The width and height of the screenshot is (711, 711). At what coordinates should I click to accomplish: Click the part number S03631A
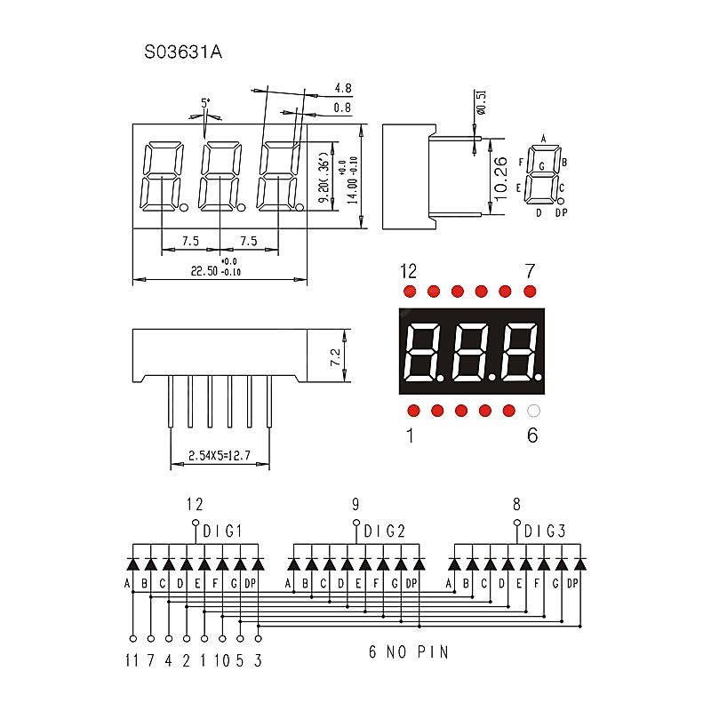click(182, 52)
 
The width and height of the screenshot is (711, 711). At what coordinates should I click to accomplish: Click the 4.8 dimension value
click(342, 88)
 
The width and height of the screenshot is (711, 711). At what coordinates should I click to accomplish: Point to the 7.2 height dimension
click(335, 357)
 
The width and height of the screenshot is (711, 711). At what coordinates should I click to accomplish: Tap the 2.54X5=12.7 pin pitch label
click(219, 457)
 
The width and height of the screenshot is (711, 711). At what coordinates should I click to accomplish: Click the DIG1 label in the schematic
click(222, 531)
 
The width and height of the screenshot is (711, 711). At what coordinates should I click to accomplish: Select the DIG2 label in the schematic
click(384, 531)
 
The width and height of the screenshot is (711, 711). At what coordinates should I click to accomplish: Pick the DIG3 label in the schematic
click(544, 531)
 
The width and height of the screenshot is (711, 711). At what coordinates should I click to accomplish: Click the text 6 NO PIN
click(408, 652)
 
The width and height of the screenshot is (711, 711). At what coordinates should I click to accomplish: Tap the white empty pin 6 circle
click(533, 411)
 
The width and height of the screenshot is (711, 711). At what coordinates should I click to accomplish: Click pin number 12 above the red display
click(408, 270)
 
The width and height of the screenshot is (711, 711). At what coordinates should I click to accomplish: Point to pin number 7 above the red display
click(530, 270)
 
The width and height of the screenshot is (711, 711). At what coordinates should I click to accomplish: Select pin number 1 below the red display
click(410, 435)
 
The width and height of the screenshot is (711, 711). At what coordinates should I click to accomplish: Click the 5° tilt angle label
click(205, 103)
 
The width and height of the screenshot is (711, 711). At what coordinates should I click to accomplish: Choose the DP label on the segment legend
click(561, 212)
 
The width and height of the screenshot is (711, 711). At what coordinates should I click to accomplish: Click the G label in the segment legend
click(541, 166)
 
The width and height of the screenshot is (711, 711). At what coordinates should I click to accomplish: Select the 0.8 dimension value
click(342, 108)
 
